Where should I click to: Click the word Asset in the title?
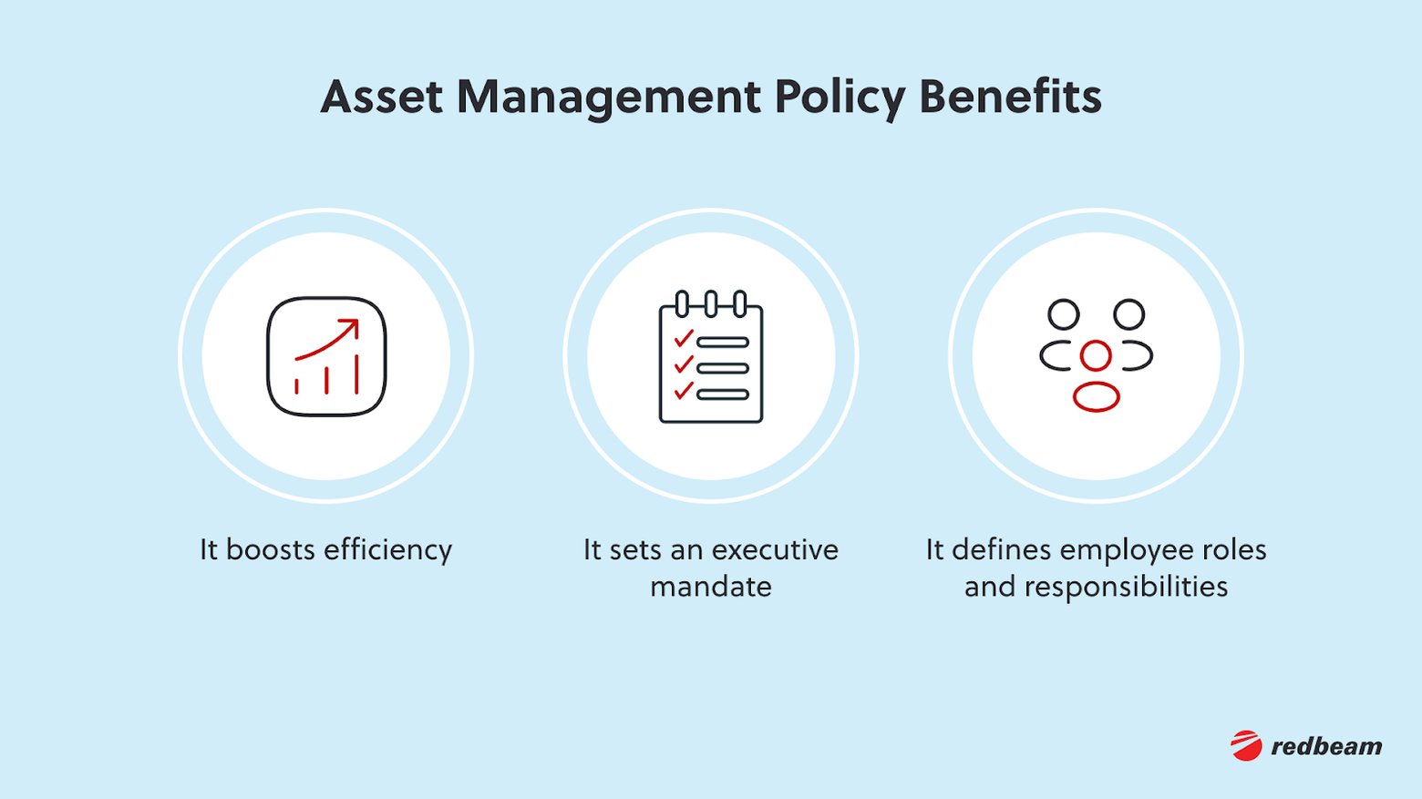(x=381, y=97)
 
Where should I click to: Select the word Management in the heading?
(x=608, y=97)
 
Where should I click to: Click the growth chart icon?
(x=326, y=356)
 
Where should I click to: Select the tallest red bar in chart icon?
(x=356, y=374)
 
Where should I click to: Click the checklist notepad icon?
(x=711, y=357)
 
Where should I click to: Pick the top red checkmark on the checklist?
(x=684, y=339)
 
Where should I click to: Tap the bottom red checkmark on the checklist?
(x=684, y=392)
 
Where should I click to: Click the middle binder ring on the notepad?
(x=711, y=302)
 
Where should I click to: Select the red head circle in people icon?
(x=1096, y=355)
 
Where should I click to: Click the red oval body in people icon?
(x=1096, y=397)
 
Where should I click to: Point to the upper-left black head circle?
(x=1063, y=314)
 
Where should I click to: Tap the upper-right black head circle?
(x=1128, y=314)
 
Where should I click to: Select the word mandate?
(x=711, y=587)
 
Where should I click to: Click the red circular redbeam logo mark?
(x=1246, y=745)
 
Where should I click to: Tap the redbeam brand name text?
(x=1326, y=746)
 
